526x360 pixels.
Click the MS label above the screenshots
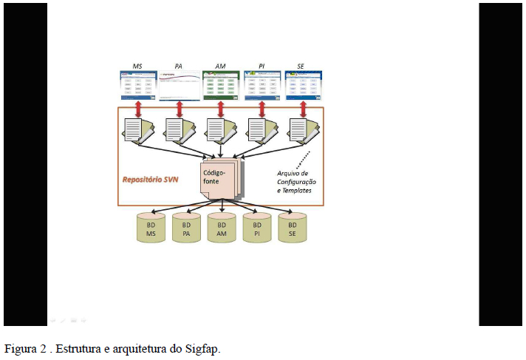[137, 66]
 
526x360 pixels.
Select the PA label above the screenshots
[178, 66]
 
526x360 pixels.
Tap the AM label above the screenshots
[220, 66]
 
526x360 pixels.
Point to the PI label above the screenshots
[261, 66]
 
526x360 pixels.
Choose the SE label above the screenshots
[301, 66]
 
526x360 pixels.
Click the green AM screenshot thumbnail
[221, 86]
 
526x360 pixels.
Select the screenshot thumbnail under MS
[138, 86]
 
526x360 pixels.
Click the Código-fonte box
[219, 178]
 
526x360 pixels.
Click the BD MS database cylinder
[151, 228]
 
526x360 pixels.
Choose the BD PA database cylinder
[186, 228]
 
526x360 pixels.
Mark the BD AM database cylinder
[222, 228]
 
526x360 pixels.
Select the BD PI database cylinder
[257, 228]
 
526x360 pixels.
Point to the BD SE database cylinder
[293, 228]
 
